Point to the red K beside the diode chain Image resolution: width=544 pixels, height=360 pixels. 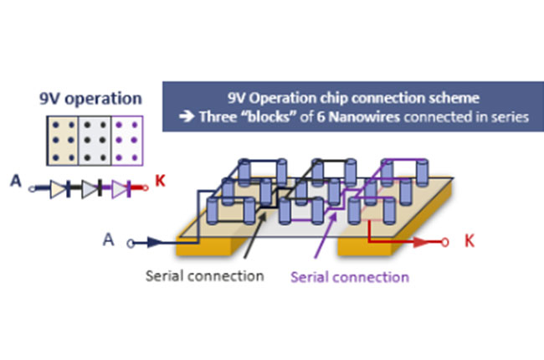[159, 180]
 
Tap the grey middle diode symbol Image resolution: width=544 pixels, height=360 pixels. [90, 190]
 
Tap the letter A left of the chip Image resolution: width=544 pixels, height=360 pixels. [108, 239]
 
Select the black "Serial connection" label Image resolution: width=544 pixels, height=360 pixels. [204, 275]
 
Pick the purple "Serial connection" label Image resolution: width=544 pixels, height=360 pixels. [350, 276]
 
